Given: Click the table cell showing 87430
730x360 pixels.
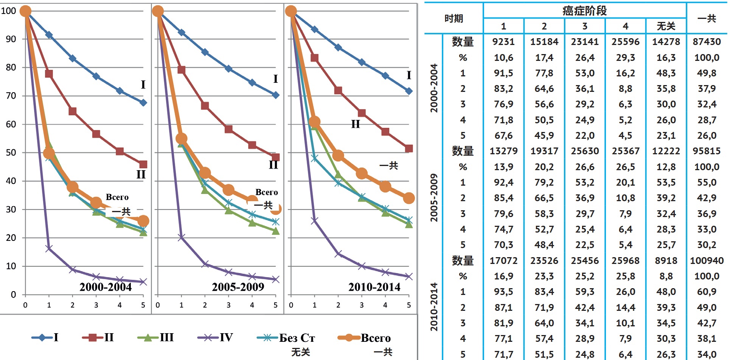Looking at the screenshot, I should (x=707, y=42).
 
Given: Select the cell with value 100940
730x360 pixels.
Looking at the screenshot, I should (x=707, y=261).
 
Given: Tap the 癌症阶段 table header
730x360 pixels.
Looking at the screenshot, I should (x=584, y=11).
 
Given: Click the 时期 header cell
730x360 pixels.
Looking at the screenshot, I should (x=454, y=18).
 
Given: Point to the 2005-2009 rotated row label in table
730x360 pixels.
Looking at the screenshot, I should (x=434, y=198).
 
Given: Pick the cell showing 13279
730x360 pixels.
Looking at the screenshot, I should (x=503, y=151).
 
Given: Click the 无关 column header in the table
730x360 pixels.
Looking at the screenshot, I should (x=666, y=26).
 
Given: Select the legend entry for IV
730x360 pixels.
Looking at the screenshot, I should (x=215, y=337).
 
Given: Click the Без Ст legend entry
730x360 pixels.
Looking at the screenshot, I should (x=286, y=338).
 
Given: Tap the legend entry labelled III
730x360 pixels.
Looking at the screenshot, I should (x=155, y=337).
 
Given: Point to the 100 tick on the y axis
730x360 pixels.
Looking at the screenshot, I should (x=8, y=11).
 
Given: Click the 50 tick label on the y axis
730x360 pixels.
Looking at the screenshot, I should (x=11, y=152).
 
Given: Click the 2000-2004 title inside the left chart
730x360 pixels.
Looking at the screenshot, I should (x=106, y=287).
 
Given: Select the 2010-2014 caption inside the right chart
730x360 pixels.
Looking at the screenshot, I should (x=374, y=287).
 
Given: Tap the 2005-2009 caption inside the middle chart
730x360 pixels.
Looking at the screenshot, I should (x=238, y=287).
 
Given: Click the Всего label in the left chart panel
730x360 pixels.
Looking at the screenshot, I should (x=117, y=197).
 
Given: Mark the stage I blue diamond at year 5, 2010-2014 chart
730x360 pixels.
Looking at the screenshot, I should (x=408, y=91).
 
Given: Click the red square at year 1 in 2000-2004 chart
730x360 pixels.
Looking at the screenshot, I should (x=49, y=74).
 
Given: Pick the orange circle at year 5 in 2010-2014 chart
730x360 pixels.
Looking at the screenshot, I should (x=408, y=198).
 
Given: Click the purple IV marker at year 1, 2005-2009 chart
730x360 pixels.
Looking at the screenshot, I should (x=181, y=237).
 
